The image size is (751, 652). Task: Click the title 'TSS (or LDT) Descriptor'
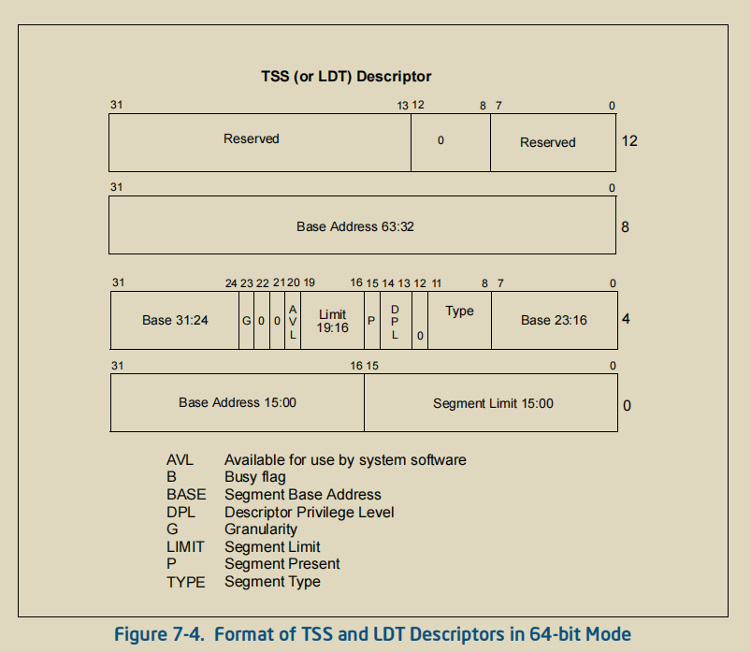(x=346, y=77)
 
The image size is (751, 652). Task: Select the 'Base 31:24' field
(x=175, y=320)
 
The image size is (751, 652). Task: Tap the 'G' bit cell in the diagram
(x=247, y=320)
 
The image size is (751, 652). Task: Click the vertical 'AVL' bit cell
(x=293, y=320)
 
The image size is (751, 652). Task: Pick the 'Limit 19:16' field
(x=332, y=321)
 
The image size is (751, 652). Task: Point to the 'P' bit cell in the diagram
(x=371, y=320)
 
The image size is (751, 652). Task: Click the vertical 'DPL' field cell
(x=395, y=320)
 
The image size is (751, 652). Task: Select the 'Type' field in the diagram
(x=459, y=312)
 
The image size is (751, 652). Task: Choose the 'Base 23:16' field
(x=554, y=320)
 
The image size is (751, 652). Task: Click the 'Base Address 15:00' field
(x=238, y=402)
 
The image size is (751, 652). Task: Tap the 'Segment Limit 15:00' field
(x=493, y=404)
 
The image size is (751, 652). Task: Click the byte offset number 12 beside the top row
(x=629, y=141)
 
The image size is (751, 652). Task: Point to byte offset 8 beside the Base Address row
(x=626, y=225)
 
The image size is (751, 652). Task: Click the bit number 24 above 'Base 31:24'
(x=231, y=283)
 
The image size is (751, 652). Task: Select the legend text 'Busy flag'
(x=255, y=477)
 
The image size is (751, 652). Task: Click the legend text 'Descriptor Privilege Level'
(x=310, y=512)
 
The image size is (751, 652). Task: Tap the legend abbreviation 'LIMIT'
(x=185, y=546)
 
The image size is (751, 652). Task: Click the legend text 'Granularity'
(x=261, y=529)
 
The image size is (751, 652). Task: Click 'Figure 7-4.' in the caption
(x=160, y=635)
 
